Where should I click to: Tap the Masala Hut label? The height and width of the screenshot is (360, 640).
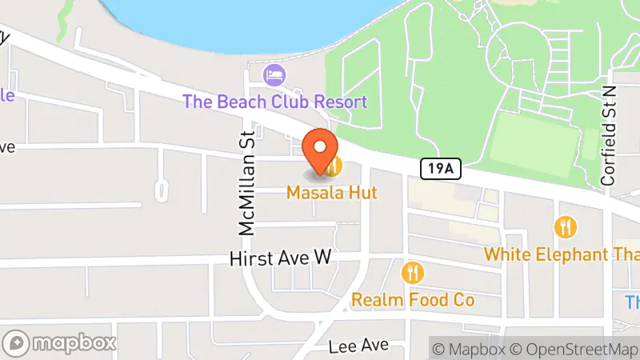point(332,193)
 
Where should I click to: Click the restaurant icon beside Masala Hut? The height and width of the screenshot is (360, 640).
point(334,166)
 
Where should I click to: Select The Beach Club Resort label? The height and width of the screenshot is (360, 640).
point(274,102)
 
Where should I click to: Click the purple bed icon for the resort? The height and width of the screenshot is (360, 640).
point(274,76)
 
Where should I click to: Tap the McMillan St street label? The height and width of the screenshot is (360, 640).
point(247,183)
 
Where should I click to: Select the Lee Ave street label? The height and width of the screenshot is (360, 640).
point(359,346)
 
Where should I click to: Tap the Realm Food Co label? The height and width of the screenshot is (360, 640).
point(414,300)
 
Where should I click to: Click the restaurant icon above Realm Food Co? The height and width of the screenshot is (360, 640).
point(414,273)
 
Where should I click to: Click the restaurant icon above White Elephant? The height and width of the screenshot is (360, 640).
point(566,227)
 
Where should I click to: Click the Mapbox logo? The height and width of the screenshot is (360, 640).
point(60,343)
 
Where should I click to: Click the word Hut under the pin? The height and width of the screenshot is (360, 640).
point(361,193)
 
